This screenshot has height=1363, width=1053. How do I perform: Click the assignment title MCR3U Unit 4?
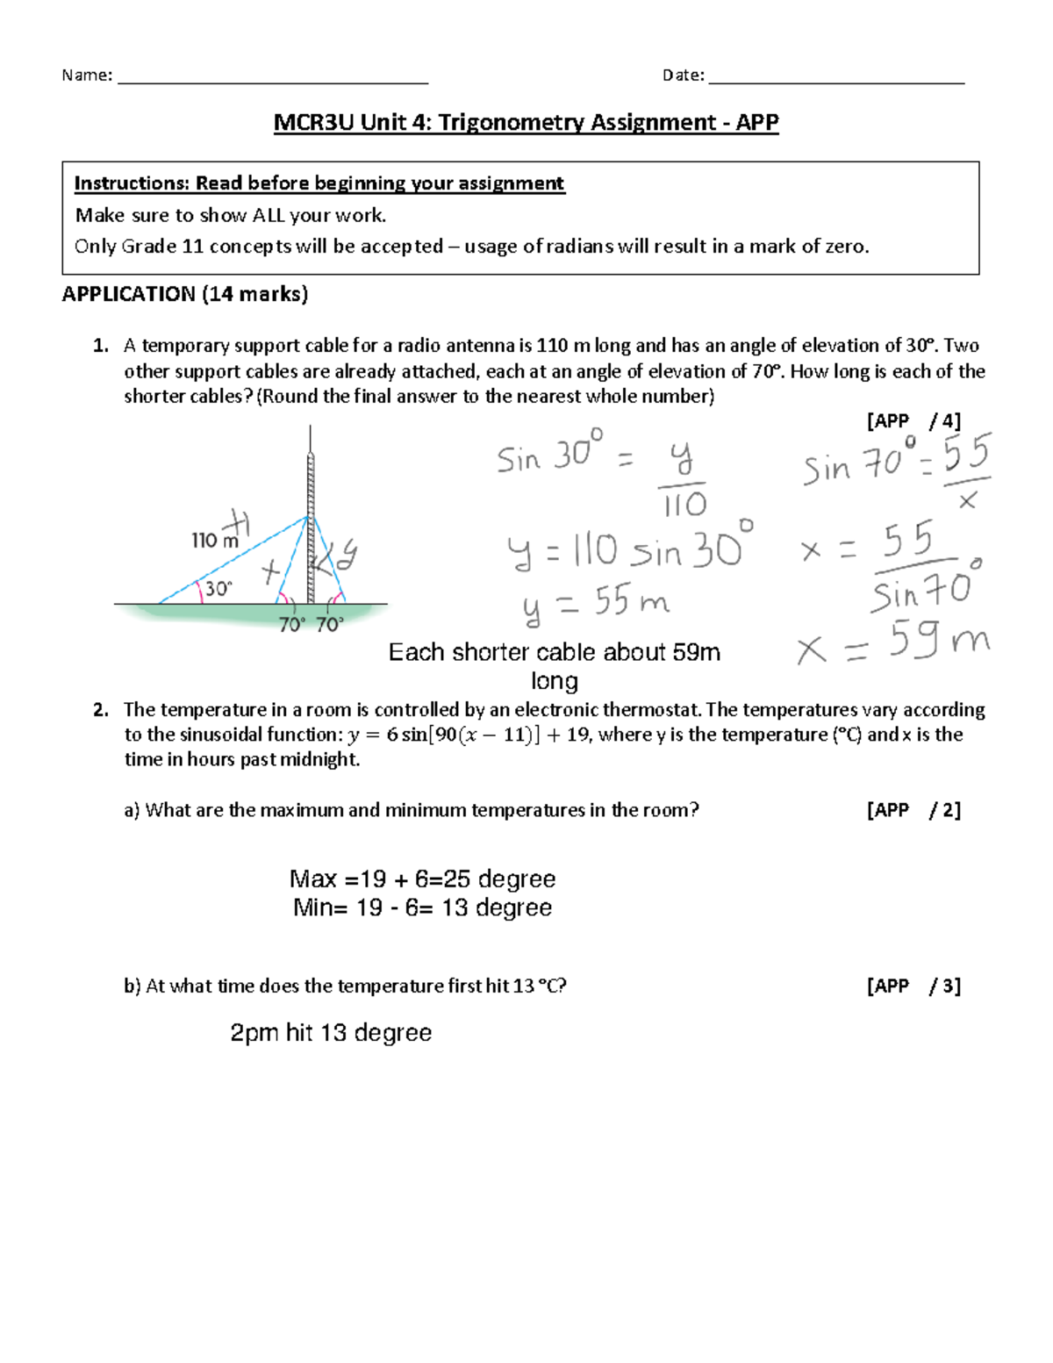[526, 122]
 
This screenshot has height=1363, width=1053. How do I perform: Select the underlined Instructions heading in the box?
[319, 183]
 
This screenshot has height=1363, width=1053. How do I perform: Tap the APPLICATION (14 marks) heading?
[184, 294]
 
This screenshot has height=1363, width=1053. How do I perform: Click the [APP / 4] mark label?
[913, 421]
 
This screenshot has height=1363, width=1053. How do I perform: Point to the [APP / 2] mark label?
[913, 810]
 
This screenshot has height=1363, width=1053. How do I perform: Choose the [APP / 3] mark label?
[913, 986]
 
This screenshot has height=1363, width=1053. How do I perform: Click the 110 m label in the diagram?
[214, 541]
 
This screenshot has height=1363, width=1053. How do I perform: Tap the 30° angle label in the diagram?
[218, 589]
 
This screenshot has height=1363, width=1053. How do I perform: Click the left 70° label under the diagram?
[291, 625]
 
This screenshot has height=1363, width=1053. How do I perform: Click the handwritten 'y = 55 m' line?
[595, 604]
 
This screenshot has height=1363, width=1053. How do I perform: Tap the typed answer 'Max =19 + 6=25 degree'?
[422, 879]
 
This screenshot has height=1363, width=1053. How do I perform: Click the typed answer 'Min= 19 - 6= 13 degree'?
[422, 907]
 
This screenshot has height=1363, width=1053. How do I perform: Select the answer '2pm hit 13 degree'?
[331, 1033]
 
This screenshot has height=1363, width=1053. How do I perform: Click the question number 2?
[100, 710]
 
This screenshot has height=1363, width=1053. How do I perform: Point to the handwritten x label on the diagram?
[270, 572]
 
